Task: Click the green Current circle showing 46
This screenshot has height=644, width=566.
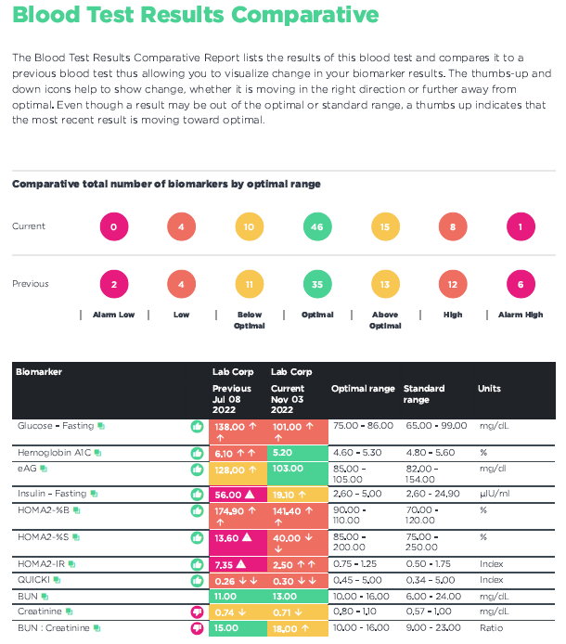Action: pyautogui.click(x=318, y=226)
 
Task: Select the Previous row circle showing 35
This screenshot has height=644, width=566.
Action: pyautogui.click(x=318, y=285)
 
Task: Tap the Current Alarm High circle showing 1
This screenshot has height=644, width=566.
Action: pyautogui.click(x=521, y=226)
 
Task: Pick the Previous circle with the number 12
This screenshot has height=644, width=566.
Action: pyautogui.click(x=453, y=285)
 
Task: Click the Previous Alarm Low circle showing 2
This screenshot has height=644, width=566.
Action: pyautogui.click(x=113, y=285)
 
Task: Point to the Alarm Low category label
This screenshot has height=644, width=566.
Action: pyautogui.click(x=113, y=315)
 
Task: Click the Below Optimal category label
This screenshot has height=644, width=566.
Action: pyautogui.click(x=250, y=320)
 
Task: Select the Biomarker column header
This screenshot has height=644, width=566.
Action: pyautogui.click(x=39, y=372)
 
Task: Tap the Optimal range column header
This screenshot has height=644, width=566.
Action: pyautogui.click(x=363, y=389)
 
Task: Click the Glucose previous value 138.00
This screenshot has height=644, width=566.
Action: pyautogui.click(x=232, y=427)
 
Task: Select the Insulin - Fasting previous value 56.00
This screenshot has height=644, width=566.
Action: pyautogui.click(x=228, y=496)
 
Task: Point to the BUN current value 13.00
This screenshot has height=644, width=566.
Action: pyautogui.click(x=283, y=596)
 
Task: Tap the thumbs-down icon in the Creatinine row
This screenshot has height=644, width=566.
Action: pyautogui.click(x=197, y=612)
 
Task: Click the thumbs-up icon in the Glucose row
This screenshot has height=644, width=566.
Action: pyautogui.click(x=197, y=427)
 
